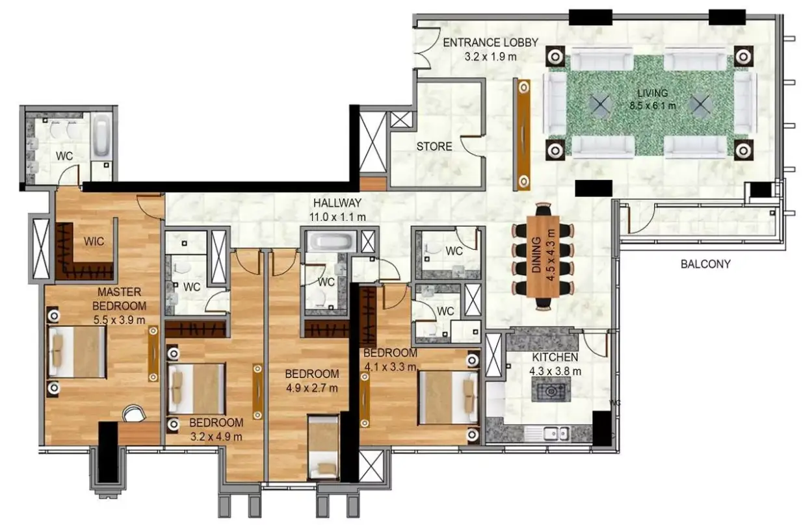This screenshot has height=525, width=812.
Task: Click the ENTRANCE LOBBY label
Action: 490,43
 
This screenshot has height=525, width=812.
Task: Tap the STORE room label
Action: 434,146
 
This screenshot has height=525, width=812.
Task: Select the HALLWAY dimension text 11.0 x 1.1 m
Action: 337,217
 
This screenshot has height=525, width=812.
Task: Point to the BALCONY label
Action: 705,264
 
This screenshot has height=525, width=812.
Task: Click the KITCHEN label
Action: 555,357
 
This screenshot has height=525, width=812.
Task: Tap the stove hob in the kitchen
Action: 551,389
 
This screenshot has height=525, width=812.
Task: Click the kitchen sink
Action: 556,433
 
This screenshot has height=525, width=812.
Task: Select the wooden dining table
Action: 543,257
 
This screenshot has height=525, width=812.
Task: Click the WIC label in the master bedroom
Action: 94,241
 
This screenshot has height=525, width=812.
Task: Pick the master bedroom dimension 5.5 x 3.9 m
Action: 119,320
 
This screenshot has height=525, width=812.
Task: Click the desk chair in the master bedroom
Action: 134,413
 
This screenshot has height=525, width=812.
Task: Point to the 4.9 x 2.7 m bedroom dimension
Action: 312,388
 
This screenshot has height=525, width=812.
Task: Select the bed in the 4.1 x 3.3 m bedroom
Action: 449,397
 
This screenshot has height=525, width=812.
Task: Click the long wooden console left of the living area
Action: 521,134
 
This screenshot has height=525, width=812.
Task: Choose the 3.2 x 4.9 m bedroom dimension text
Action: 216,437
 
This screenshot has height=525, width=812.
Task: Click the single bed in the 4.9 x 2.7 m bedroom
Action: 323,448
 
